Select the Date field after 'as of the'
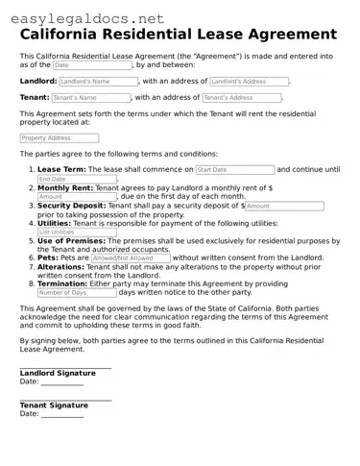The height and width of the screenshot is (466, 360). [x=92, y=65]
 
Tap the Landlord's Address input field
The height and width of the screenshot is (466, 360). [x=248, y=82]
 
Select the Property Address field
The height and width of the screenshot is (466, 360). [x=60, y=138]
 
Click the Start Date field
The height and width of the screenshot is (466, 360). [x=233, y=169]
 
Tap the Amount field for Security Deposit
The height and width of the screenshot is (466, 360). [x=284, y=206]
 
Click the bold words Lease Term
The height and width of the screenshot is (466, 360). [x=60, y=169]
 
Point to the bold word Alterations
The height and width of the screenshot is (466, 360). [x=60, y=266]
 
